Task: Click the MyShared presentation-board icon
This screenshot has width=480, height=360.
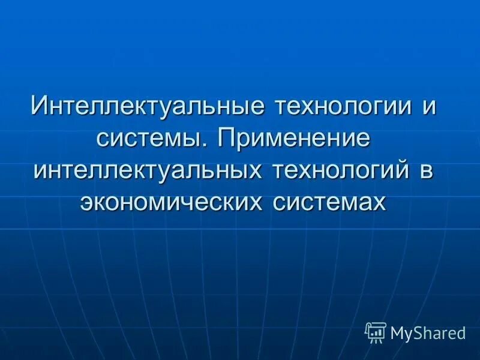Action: coord(376,331)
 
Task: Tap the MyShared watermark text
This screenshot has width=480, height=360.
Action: coord(428,332)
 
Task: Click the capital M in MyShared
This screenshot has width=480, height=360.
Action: coord(398,332)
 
